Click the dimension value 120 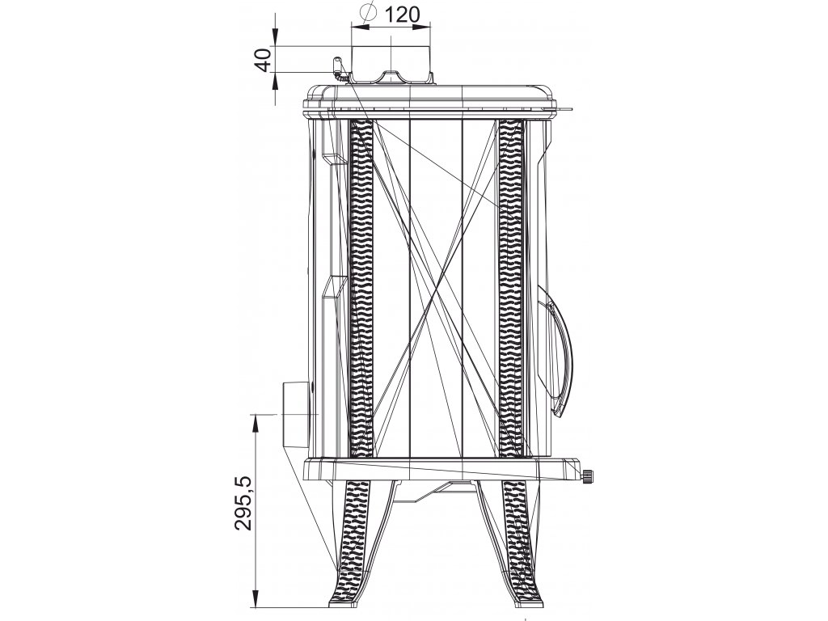pyautogui.click(x=401, y=15)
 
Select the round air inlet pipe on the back pyautogui.click(x=299, y=413)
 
